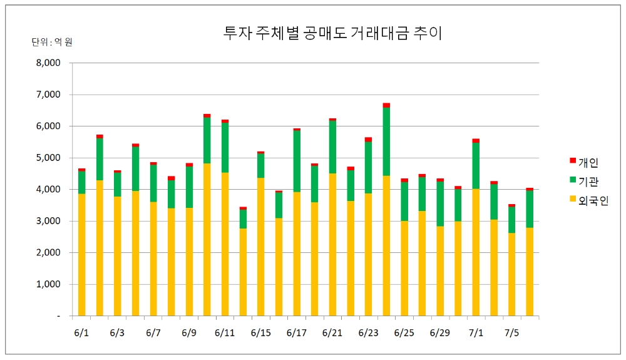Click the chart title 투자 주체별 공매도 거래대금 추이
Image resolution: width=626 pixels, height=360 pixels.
pos(332,33)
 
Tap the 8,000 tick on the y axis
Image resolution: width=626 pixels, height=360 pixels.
pos(48,63)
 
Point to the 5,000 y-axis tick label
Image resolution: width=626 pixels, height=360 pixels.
pos(48,158)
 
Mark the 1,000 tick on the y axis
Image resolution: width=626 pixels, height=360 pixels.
pos(48,284)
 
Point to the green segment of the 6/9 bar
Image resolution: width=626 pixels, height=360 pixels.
pos(189,187)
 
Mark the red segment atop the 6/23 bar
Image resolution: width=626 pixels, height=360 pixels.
pos(368,140)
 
